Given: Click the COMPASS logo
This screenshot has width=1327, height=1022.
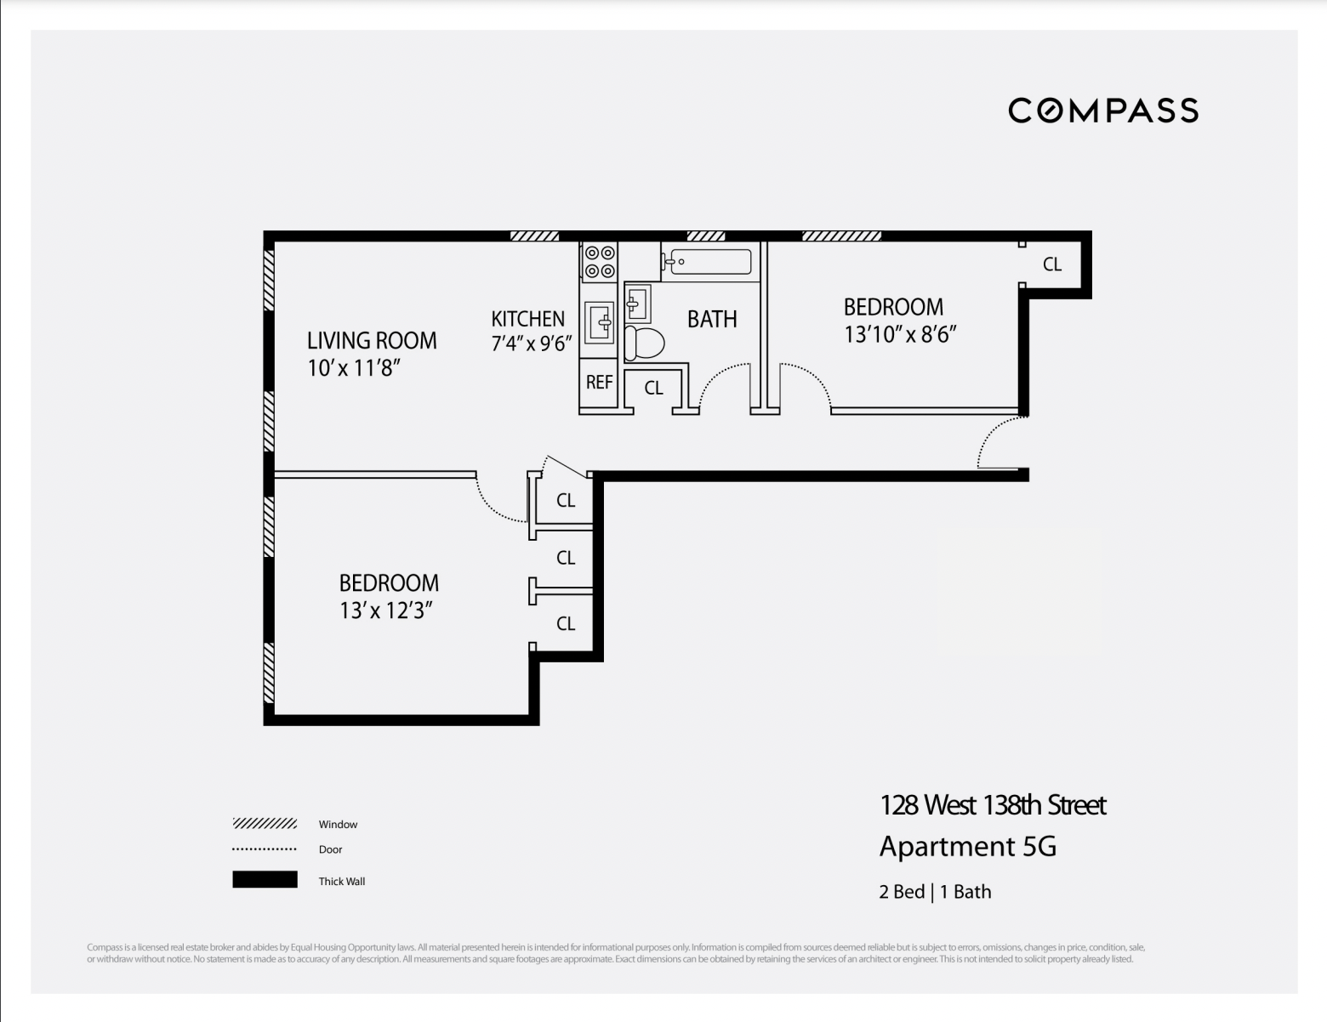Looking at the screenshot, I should pos(1103,111).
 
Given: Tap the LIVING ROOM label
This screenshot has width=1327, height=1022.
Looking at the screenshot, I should pos(372,341).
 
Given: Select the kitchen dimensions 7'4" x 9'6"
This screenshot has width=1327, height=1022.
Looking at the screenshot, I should pos(532,344).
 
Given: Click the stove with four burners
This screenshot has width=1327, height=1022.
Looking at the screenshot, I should pos(600,262).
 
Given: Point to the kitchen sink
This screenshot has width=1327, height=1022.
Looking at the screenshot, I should pos(600,323).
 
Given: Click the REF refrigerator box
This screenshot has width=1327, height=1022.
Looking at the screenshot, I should pos(599,383).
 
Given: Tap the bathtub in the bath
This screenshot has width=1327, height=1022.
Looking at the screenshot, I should pos(708,262).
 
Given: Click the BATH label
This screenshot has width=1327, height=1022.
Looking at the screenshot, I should pos(712,320).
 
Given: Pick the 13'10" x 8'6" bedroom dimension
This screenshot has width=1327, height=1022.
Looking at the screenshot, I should pos(900,334).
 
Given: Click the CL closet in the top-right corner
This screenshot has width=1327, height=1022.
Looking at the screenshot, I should pos(1052,264).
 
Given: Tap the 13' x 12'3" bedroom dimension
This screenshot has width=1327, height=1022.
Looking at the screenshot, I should pos(387,610).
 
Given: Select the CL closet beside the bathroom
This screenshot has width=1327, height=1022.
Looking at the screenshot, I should pos(653,389).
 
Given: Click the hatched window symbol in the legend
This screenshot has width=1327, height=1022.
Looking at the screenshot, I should pos(265,824).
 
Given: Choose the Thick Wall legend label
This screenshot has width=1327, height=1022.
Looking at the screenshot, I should pos(342,882).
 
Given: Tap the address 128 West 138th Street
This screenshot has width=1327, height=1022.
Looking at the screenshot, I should pos(993,805).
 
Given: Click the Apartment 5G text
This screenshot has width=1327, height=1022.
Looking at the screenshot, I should pos(967,847).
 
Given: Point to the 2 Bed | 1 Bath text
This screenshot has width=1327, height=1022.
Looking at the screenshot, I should pos(935,892).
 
